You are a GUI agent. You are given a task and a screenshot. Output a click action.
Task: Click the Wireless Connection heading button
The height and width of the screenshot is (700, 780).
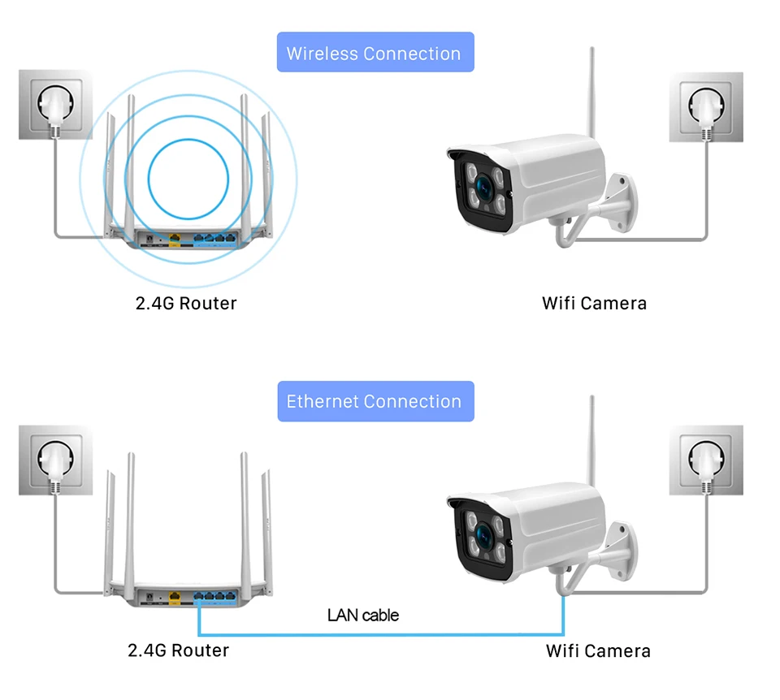point(375,52)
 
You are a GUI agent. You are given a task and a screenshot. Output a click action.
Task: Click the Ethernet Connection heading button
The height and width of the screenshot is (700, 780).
point(375,401)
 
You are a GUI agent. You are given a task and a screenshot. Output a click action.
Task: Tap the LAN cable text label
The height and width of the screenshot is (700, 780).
point(363,616)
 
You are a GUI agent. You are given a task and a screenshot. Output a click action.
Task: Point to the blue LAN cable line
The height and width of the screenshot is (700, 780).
point(380,634)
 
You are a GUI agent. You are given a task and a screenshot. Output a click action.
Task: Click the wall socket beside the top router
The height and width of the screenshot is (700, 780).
point(55,105)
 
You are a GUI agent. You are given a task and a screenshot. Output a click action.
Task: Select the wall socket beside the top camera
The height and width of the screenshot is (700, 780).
point(706,107)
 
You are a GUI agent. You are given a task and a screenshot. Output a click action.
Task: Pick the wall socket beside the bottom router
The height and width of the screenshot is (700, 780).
point(55,460)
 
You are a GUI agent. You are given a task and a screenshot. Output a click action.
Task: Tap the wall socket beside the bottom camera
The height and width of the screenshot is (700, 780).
point(706,460)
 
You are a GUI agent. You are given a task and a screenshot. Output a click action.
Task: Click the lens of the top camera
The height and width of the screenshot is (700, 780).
point(483,188)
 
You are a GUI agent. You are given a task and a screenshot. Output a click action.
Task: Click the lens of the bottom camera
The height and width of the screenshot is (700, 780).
point(483,536)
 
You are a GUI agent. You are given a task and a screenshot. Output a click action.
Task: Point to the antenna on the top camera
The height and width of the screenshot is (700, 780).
point(592,93)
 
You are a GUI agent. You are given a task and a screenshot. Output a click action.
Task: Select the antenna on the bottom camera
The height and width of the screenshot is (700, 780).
point(592,441)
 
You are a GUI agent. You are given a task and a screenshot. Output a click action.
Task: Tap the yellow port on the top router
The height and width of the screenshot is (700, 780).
point(175,239)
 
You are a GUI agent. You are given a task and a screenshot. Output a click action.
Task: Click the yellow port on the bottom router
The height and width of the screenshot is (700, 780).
point(175,597)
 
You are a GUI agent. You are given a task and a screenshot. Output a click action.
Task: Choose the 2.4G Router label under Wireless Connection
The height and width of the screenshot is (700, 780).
point(186,303)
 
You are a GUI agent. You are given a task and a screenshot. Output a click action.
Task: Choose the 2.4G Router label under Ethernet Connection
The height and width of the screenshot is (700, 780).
point(179,650)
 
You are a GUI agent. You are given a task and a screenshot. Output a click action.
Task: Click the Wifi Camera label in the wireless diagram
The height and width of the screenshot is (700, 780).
point(595,303)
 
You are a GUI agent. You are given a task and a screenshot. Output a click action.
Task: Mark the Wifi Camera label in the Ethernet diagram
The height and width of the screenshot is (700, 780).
point(598,650)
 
